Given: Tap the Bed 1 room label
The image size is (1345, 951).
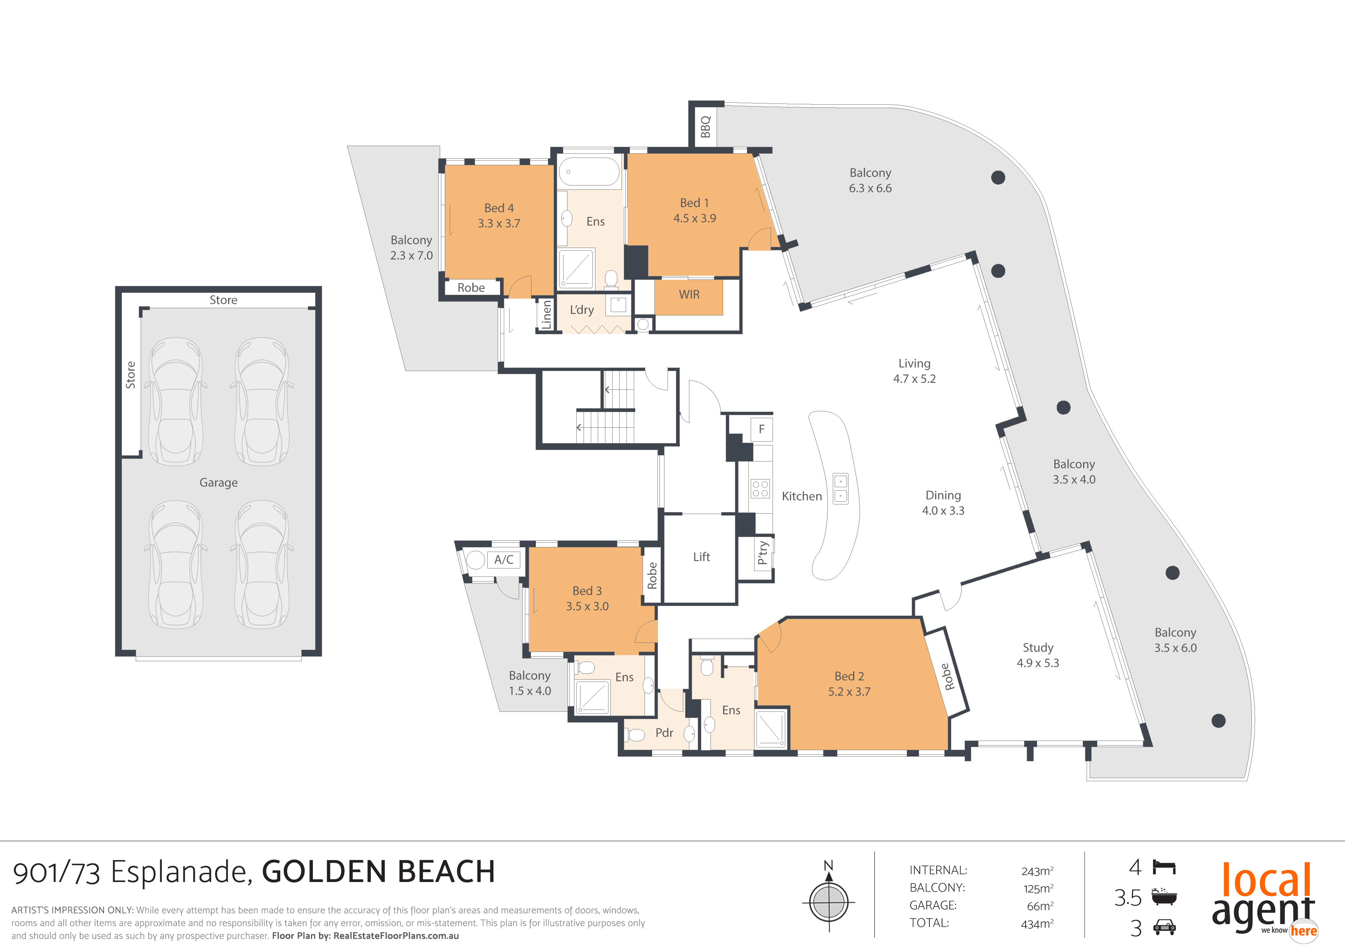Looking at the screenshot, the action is point(694,203).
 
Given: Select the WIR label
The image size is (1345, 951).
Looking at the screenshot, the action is point(689,294).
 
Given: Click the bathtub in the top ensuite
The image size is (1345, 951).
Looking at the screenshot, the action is point(589,172).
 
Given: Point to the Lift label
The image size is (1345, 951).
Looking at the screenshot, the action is point(701,557).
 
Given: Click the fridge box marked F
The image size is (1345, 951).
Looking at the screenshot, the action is point(761,429).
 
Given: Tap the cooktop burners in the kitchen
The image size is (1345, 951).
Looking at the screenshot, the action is point(760,489).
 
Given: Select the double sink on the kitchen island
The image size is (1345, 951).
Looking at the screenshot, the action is point(840,488).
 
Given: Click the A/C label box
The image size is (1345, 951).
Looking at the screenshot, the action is point(503,560).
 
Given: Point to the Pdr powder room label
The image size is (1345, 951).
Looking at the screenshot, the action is point(664,733).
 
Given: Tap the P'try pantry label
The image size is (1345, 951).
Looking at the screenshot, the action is point(762,552).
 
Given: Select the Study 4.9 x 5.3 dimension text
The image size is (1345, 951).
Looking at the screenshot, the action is point(1038,663).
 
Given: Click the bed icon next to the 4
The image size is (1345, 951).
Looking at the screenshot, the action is point(1164,867).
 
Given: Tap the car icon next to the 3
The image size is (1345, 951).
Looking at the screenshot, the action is point(1164,927).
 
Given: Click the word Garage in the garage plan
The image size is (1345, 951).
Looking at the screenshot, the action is point(219,483).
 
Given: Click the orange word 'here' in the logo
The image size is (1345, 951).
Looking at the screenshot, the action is point(1304,931).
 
